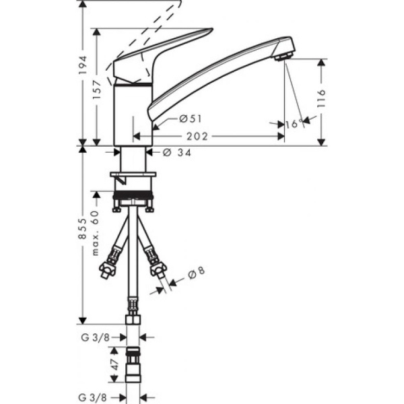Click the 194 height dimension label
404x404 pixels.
pyautogui.click(x=83, y=65)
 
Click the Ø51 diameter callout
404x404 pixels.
pyautogui.click(x=191, y=119)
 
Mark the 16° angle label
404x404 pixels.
pyautogui.click(x=294, y=124)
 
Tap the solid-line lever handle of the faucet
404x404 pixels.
pyautogui.click(x=162, y=53)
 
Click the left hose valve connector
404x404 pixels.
pyautogui.click(x=108, y=267)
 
